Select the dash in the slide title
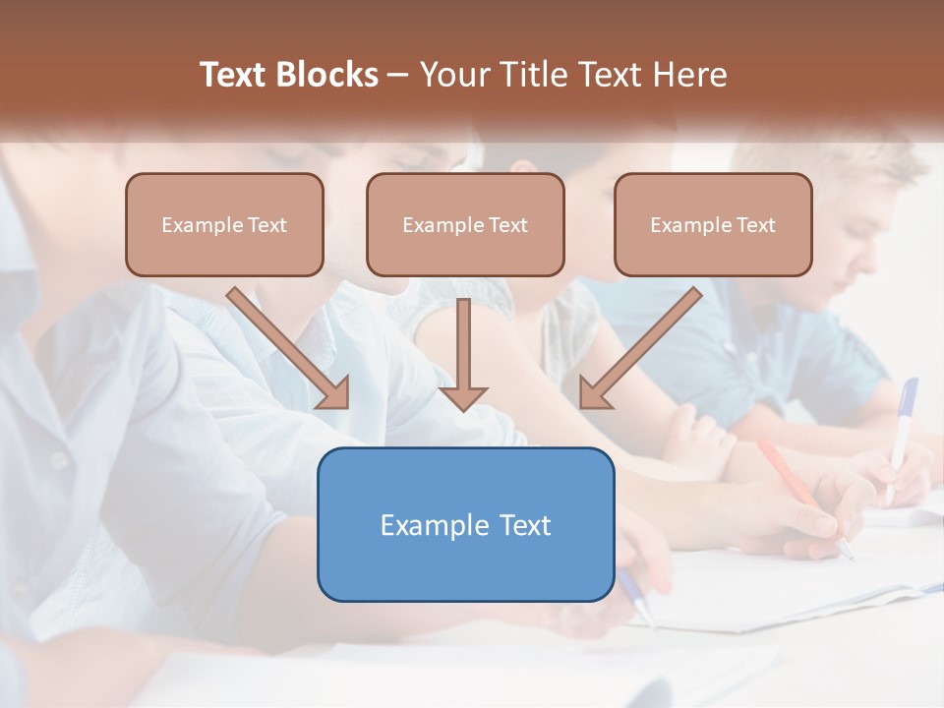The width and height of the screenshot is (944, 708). click(x=397, y=76)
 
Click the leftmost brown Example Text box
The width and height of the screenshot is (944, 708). click(x=224, y=225)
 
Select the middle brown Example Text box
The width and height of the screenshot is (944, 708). click(x=465, y=225)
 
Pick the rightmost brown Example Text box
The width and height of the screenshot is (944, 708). click(x=713, y=225)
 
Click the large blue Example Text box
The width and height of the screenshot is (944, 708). click(x=465, y=524)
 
